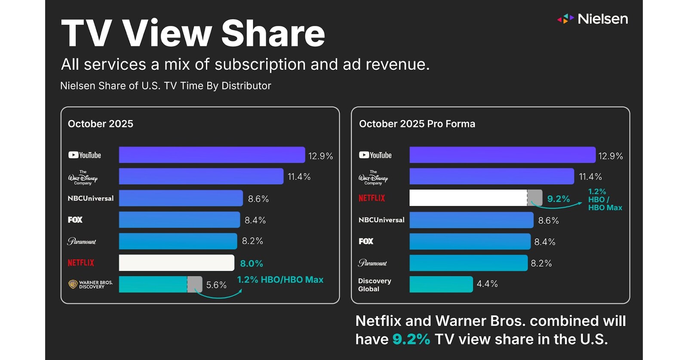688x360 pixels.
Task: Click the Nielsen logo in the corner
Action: (593, 19)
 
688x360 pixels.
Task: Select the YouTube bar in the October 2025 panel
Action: (212, 155)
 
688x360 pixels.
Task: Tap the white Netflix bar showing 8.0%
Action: (176, 263)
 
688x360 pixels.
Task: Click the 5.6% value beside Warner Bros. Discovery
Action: (216, 285)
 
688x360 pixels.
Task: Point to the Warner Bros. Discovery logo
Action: (90, 284)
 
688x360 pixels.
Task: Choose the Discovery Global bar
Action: (441, 284)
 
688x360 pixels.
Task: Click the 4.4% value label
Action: (487, 284)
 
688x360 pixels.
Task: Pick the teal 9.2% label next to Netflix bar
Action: (558, 199)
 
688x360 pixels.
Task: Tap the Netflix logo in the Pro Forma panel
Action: (372, 198)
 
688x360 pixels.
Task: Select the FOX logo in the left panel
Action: (75, 220)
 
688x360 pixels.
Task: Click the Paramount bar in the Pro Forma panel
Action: (468, 263)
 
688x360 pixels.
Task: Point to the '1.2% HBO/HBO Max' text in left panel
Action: (280, 280)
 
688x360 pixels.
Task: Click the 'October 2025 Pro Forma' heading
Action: (417, 124)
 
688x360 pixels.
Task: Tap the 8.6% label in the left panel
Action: (258, 199)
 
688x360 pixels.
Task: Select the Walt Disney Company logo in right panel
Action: (373, 177)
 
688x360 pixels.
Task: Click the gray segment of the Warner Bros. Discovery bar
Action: (195, 284)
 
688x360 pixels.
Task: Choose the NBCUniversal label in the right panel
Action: (381, 220)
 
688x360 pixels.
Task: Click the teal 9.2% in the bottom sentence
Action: (411, 339)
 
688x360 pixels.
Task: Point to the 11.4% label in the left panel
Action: (299, 177)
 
